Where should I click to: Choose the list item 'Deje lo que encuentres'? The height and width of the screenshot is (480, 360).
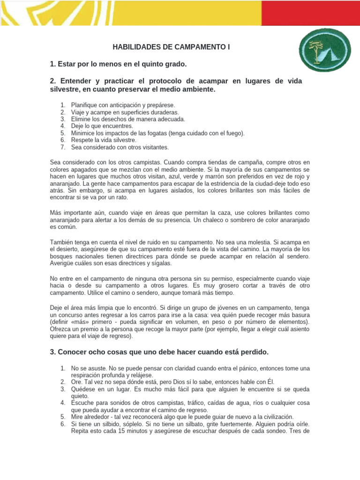[x=102, y=126]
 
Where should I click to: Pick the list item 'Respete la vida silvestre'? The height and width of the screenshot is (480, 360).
[x=104, y=140]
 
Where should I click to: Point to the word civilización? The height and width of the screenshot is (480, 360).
[x=273, y=416]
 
